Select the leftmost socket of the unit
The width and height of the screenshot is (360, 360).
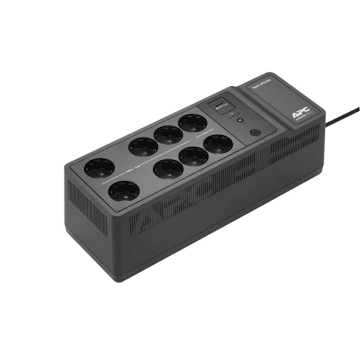99,168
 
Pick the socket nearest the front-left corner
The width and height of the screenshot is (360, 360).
124,191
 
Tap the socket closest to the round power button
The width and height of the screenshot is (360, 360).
218,144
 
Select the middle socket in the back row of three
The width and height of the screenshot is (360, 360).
168,135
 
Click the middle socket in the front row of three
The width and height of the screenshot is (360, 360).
193,156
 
